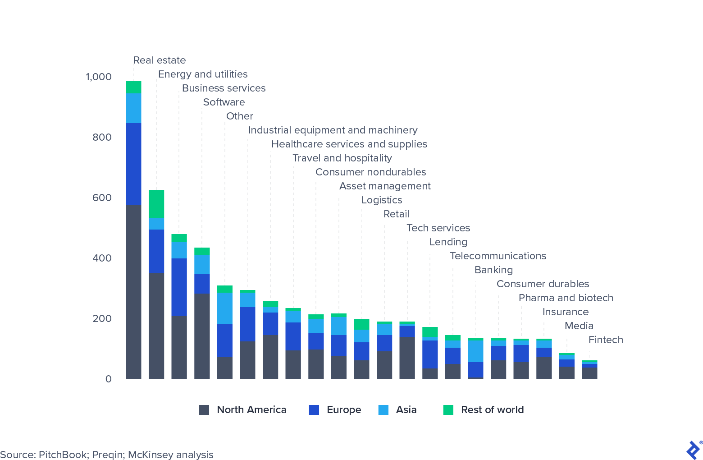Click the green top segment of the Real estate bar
(x=133, y=87)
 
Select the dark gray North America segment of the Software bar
(x=202, y=336)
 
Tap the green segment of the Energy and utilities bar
(x=156, y=204)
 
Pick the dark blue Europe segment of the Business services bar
(x=179, y=287)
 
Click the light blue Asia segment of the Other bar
(x=225, y=308)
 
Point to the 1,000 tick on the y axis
(x=99, y=77)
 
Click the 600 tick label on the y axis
(x=102, y=198)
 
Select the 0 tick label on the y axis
(x=108, y=379)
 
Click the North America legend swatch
(x=204, y=410)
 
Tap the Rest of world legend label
(x=492, y=410)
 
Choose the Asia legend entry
(x=406, y=410)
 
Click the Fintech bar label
(x=606, y=340)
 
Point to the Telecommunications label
(x=498, y=256)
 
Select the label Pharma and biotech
(x=566, y=298)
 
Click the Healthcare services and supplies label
(x=349, y=144)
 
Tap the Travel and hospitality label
(x=342, y=158)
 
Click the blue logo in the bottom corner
(x=693, y=450)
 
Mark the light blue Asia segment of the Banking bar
(x=475, y=351)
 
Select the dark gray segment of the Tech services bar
(x=407, y=358)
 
